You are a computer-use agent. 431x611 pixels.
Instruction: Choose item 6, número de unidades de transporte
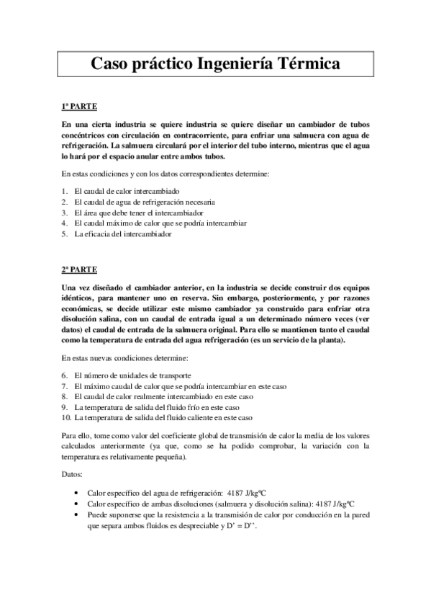click(x=132, y=375)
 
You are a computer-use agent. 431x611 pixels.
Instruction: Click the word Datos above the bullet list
click(x=71, y=475)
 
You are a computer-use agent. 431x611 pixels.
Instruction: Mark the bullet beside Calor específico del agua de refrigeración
click(x=77, y=494)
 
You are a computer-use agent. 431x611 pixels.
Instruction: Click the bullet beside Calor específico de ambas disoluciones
click(x=77, y=504)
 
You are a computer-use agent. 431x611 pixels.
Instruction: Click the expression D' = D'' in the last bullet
click(x=242, y=526)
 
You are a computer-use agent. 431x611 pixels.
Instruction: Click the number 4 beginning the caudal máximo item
click(x=64, y=223)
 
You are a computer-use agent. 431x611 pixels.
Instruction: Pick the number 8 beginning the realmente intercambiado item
click(x=64, y=397)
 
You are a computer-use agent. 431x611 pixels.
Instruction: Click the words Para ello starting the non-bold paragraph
click(x=77, y=435)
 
